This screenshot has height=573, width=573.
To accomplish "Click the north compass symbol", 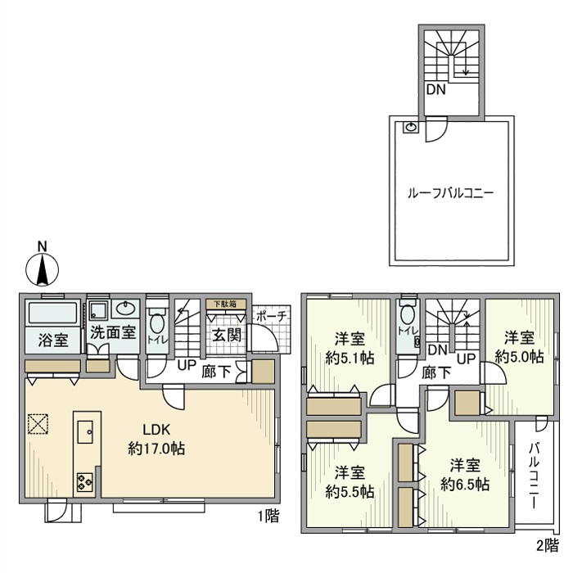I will (x=43, y=266).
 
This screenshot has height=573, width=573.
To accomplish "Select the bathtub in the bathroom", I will (x=53, y=314).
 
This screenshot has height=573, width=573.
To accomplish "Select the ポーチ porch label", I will (x=271, y=315).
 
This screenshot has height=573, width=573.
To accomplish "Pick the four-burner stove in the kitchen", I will (x=85, y=482).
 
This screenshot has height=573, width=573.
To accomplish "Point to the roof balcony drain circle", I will (x=409, y=127).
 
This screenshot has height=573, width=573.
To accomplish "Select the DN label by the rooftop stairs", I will (x=435, y=90).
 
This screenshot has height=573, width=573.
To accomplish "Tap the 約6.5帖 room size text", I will (x=466, y=484).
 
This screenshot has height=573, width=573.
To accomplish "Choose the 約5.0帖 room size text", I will (x=519, y=356).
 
